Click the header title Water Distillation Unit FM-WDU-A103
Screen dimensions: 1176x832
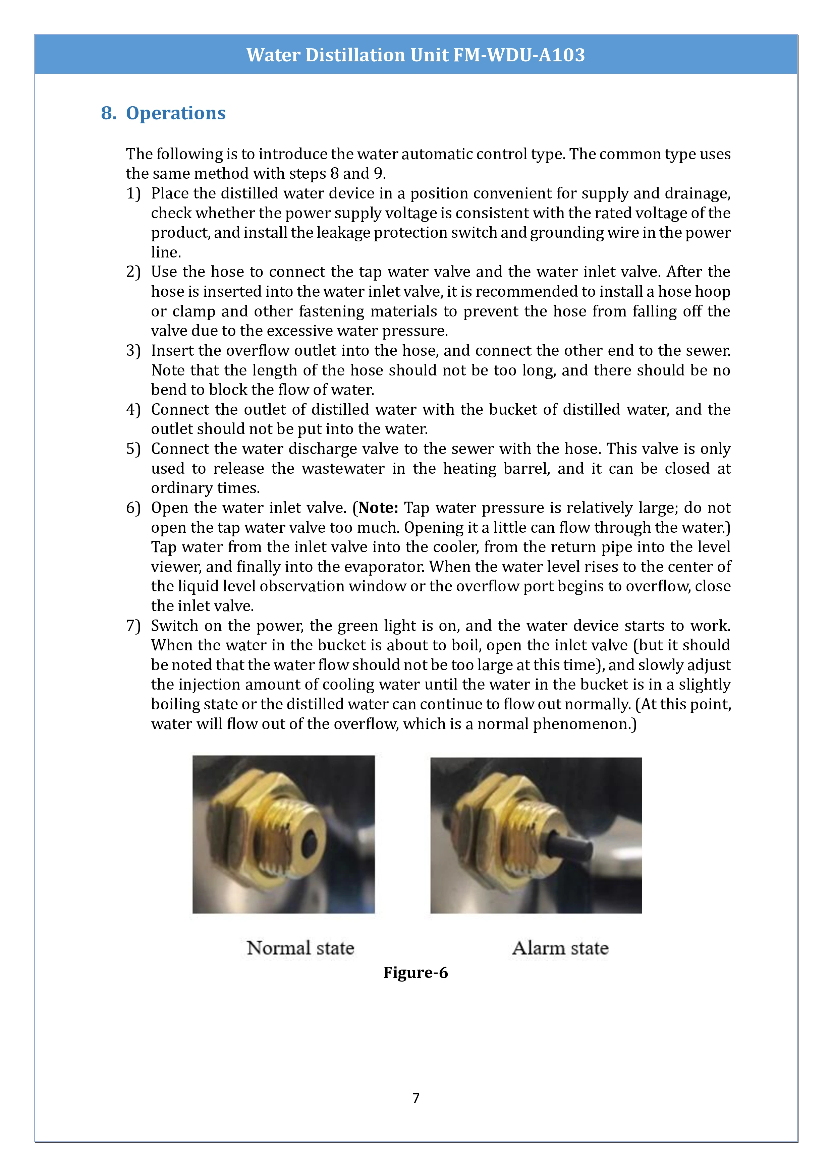(415, 55)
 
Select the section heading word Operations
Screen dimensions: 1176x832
(176, 113)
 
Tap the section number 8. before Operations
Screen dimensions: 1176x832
(109, 113)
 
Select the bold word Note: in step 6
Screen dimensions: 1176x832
(378, 508)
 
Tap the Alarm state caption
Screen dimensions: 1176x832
(560, 948)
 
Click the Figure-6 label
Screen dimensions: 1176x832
(415, 972)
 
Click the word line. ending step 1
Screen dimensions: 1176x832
(166, 252)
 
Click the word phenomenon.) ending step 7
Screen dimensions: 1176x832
(585, 724)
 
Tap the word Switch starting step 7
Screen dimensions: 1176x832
(174, 626)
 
